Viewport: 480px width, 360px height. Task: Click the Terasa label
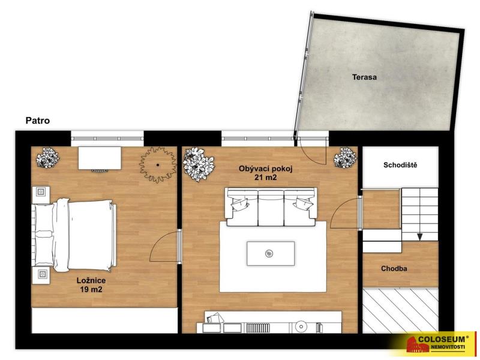click(364, 77)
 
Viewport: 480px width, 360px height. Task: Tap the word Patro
click(37, 121)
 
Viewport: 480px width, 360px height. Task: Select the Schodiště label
click(400, 166)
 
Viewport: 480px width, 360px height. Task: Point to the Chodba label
click(394, 268)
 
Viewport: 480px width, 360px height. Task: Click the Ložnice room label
click(91, 280)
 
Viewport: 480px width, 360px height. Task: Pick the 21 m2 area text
click(266, 177)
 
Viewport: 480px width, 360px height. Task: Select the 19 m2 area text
click(91, 289)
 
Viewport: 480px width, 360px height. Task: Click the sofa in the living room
click(271, 207)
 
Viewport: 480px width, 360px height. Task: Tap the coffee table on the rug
click(271, 253)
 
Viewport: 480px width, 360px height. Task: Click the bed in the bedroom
click(74, 235)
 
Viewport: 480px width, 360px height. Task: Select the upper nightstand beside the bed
click(41, 194)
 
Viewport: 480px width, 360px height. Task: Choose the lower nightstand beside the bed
click(41, 275)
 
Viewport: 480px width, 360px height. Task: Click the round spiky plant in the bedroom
click(158, 164)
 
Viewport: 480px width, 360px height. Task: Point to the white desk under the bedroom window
click(100, 158)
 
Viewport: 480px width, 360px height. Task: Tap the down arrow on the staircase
click(419, 237)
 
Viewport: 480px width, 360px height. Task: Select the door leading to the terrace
click(311, 151)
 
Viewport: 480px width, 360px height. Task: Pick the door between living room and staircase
click(346, 213)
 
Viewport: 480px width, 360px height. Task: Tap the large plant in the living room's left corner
click(198, 164)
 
